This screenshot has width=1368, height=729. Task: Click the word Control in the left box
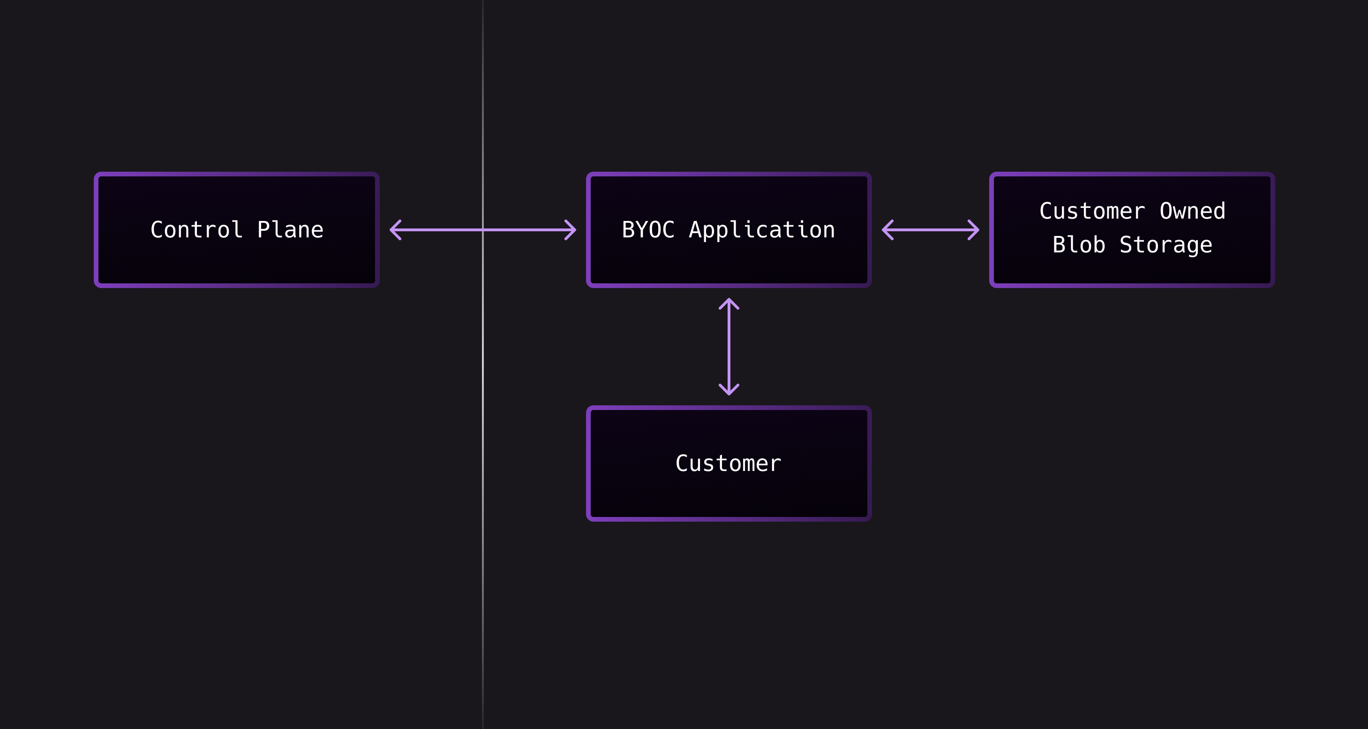coord(196,230)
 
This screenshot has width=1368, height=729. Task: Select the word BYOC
coord(648,230)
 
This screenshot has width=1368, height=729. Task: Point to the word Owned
coord(1192,212)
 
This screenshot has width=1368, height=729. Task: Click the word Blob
coord(1079,245)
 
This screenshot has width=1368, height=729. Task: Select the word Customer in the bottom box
coord(728,463)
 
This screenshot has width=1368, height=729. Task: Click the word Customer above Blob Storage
coord(1092,212)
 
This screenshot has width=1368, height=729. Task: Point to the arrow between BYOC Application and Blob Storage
coord(931,230)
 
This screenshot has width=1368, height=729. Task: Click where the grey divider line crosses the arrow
coord(483,230)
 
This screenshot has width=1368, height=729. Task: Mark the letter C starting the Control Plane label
coord(157,230)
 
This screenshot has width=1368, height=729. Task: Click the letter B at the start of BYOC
coord(628,230)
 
